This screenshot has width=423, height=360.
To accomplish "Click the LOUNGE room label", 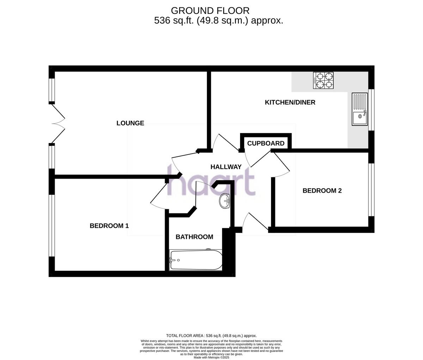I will (x=130, y=123).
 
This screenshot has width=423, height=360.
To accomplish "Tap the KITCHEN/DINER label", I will (x=290, y=103).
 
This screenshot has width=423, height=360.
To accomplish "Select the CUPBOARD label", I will (x=265, y=143).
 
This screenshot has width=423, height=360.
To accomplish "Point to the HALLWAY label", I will (x=226, y=167).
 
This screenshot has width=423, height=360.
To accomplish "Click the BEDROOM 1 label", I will (x=109, y=226).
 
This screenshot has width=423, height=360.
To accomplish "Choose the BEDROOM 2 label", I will (x=322, y=191).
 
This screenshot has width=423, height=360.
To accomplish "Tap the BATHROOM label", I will (x=194, y=237).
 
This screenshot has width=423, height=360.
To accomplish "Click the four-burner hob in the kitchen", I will (x=323, y=80).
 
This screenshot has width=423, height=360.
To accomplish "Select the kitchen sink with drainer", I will (x=359, y=109).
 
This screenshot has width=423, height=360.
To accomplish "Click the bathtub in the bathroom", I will (x=196, y=260).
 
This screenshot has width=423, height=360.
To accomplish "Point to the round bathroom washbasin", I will (x=224, y=201).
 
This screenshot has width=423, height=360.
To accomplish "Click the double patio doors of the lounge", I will (x=58, y=123).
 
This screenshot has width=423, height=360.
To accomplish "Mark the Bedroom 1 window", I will (x=52, y=225).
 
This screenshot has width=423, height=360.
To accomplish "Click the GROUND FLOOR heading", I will (x=210, y=11).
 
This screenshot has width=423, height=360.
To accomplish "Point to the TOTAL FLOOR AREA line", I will (x=211, y=336).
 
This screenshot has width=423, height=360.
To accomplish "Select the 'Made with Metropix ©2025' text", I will (x=211, y=357).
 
